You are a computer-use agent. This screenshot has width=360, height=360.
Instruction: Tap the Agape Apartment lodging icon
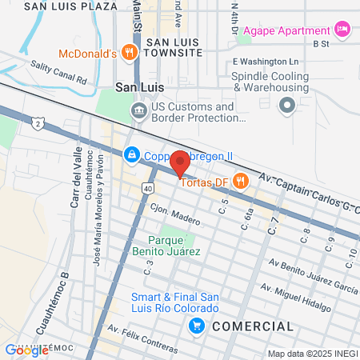(x=342, y=29)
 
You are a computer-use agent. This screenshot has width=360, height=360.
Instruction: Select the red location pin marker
(x=180, y=162)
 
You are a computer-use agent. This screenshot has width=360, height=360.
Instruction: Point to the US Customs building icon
(x=139, y=111)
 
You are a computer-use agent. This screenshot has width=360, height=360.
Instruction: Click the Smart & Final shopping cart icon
(x=195, y=326)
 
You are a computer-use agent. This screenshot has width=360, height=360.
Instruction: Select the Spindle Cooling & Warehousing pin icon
(x=286, y=105)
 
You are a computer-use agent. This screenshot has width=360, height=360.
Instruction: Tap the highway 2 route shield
(x=38, y=122)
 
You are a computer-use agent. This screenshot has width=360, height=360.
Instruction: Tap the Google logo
(x=16, y=350)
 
